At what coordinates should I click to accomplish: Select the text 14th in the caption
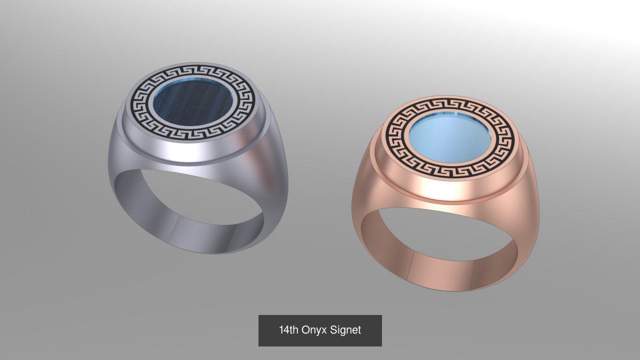288,330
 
